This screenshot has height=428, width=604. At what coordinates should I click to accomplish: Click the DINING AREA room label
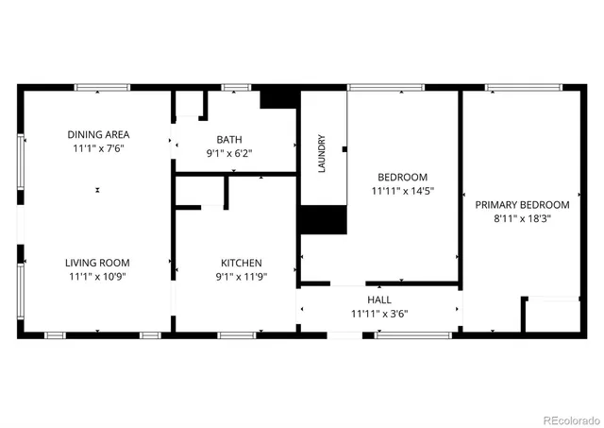click(x=97, y=133)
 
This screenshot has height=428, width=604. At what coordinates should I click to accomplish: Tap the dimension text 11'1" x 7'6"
click(x=97, y=148)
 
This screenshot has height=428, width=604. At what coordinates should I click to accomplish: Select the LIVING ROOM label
click(x=97, y=263)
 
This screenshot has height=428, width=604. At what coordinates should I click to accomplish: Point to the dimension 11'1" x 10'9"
click(x=97, y=278)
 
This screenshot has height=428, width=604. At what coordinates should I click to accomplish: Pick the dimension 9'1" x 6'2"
click(x=229, y=153)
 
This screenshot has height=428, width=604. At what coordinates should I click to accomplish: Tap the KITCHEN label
click(x=242, y=263)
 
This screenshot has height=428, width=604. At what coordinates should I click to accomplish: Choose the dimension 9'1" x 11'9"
click(x=242, y=278)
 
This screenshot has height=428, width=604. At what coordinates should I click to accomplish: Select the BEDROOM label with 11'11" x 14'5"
click(x=403, y=177)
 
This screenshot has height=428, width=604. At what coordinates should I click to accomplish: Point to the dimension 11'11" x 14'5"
click(x=403, y=192)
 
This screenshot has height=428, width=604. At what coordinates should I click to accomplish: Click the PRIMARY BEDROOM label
click(x=522, y=204)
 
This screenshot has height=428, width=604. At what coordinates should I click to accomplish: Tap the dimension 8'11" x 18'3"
click(x=522, y=219)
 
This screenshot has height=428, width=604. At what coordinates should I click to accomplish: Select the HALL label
click(x=379, y=299)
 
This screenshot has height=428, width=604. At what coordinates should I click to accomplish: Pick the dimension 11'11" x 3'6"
click(x=379, y=314)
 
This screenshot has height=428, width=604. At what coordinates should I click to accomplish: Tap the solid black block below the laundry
click(x=323, y=219)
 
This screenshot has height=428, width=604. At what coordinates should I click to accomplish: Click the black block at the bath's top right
click(x=277, y=96)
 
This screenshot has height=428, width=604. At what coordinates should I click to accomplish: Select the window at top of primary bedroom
click(x=518, y=88)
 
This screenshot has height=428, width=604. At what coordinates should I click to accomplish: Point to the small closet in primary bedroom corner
click(x=550, y=315)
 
